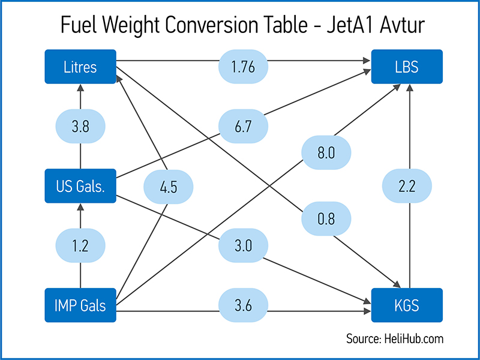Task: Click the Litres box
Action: [80, 66]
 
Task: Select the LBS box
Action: [407, 66]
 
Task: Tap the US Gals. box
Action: [80, 186]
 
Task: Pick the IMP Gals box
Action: [80, 305]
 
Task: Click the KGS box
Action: [407, 305]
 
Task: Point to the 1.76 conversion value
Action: [243, 66]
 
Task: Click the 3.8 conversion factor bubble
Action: [80, 127]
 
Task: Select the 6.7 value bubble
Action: [243, 127]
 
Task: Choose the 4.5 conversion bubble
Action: [169, 187]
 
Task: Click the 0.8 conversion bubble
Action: [326, 220]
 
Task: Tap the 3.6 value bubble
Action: [243, 305]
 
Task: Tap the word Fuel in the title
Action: [79, 26]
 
